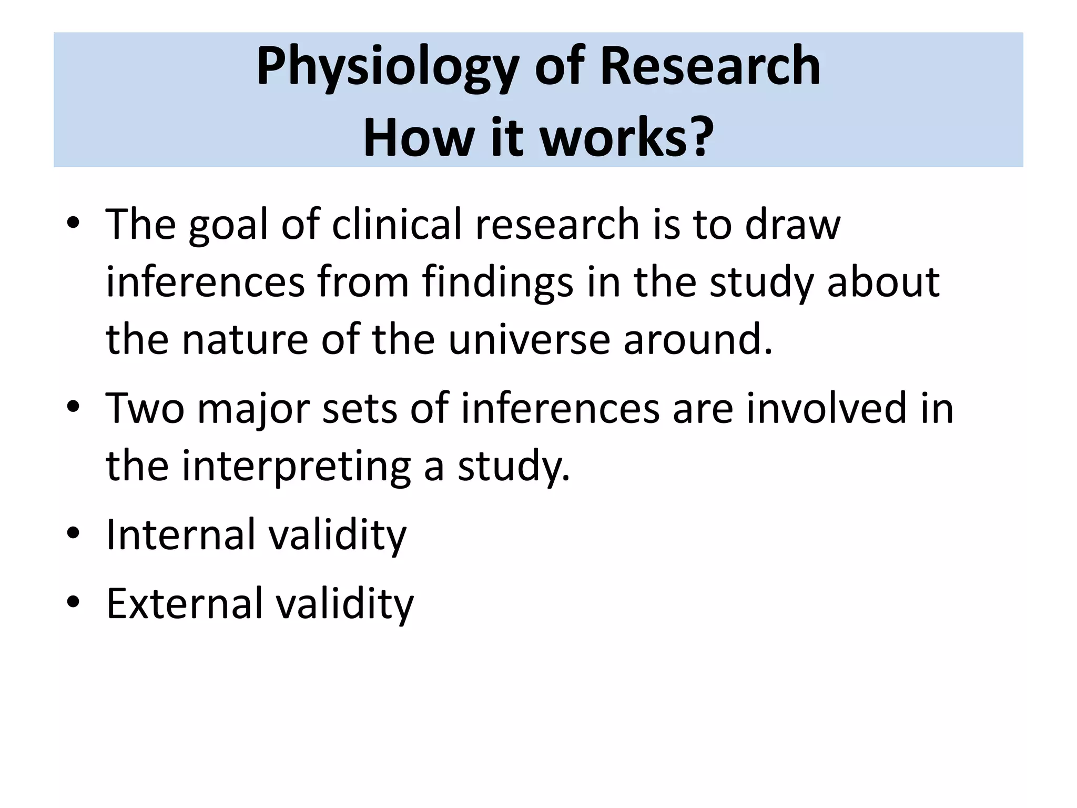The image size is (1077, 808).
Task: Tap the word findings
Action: click(x=497, y=282)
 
